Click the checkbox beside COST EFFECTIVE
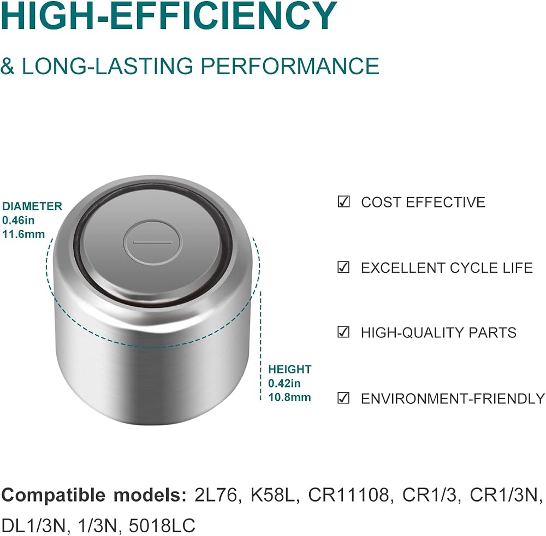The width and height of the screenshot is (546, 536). (x=343, y=201)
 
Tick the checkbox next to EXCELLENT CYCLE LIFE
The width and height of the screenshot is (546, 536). (x=343, y=267)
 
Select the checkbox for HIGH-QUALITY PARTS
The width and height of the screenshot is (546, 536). (x=343, y=332)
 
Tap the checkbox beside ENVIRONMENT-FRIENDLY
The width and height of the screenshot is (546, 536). (x=343, y=397)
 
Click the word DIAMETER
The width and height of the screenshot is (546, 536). (x=32, y=206)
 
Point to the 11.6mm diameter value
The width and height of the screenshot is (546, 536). (x=23, y=234)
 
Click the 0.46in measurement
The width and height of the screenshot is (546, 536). (x=19, y=220)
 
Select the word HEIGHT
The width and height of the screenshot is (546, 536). (x=290, y=370)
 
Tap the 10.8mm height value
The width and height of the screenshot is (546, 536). (x=289, y=397)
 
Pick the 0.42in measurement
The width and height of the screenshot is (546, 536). (x=284, y=383)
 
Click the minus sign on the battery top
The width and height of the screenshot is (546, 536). (x=152, y=242)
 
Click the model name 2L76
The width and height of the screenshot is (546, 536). (x=216, y=495)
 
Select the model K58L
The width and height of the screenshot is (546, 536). (x=272, y=495)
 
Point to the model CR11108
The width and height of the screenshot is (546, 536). (x=348, y=495)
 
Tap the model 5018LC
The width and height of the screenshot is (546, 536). (x=162, y=525)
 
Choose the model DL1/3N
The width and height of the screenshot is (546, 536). (x=33, y=525)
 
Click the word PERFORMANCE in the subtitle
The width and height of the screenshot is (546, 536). (x=290, y=66)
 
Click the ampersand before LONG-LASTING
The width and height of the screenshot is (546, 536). (x=8, y=66)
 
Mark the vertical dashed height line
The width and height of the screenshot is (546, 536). (x=261, y=346)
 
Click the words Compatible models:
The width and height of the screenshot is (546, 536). (x=94, y=495)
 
